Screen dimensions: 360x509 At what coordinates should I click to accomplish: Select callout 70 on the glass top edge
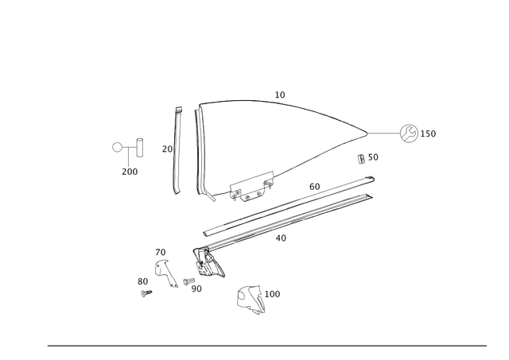[279, 95]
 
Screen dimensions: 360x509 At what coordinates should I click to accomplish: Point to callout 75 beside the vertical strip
[164, 148]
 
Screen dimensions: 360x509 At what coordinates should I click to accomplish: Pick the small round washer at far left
[117, 147]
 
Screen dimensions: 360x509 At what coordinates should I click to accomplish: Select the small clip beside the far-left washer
[139, 148]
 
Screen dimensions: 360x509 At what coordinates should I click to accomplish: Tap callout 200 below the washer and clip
[130, 170]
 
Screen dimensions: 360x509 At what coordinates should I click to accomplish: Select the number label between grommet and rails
[368, 156]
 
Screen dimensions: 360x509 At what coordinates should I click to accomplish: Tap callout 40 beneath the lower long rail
[280, 237]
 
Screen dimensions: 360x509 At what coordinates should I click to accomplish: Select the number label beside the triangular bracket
[274, 294]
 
